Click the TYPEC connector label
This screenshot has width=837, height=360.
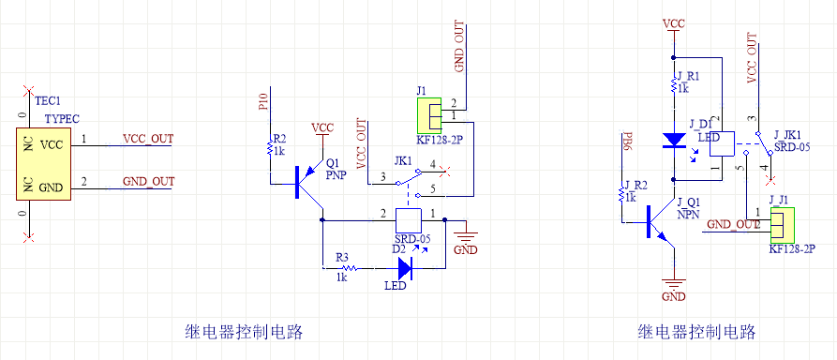point(62,119)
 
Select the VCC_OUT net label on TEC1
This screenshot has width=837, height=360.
point(148,139)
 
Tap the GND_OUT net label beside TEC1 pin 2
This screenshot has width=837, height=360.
point(148,181)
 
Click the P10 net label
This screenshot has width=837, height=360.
point(262,102)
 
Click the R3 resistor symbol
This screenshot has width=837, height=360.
point(342,267)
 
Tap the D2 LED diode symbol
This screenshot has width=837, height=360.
point(405,267)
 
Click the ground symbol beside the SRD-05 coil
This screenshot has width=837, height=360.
point(465,235)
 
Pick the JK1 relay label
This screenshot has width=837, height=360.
point(403,161)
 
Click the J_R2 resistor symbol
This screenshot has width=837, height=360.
point(620,195)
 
